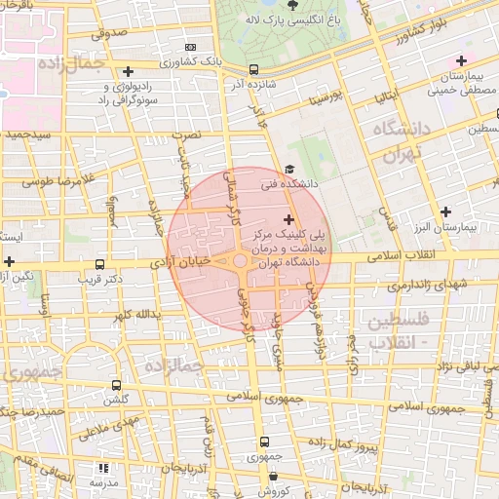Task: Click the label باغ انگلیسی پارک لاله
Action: pyautogui.click(x=292, y=19)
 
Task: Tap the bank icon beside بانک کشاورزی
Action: pyautogui.click(x=189, y=46)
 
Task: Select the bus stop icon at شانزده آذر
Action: pyautogui.click(x=253, y=69)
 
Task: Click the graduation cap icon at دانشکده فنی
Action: pyautogui.click(x=288, y=171)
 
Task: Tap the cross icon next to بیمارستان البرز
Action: pyautogui.click(x=446, y=211)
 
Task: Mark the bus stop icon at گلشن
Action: pyautogui.click(x=117, y=386)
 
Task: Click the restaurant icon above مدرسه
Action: pyautogui.click(x=103, y=469)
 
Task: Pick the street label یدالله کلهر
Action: pyautogui.click(x=134, y=316)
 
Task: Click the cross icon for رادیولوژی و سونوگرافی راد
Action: pyautogui.click(x=128, y=71)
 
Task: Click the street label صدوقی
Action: pyautogui.click(x=109, y=32)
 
